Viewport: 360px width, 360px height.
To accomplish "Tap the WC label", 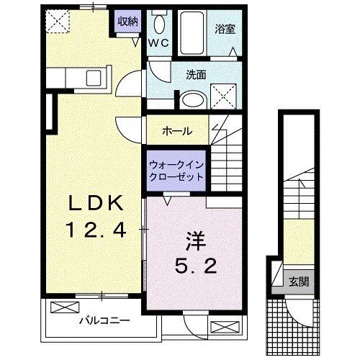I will pos(160,43).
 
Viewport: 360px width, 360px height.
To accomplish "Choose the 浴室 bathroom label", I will pos(225,30).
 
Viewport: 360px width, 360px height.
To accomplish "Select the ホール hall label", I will pos(176,131).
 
